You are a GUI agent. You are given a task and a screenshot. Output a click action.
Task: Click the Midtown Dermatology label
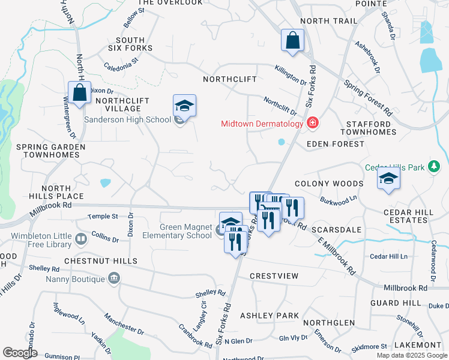tap(262, 124)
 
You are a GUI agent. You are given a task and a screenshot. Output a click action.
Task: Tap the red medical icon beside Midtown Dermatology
tap(312, 124)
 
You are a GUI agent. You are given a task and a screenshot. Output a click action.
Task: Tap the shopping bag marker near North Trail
tap(292, 41)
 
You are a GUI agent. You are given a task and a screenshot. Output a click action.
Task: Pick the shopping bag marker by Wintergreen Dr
tap(79, 93)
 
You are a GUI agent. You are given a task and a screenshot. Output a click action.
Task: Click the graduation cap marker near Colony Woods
tap(389, 178)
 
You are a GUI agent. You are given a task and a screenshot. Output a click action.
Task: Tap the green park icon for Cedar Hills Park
tap(436, 167)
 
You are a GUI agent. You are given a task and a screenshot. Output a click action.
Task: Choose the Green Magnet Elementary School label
tap(185, 231)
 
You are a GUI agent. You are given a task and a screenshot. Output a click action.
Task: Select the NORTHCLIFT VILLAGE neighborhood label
tap(118, 104)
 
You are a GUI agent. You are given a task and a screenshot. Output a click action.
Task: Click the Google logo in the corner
tap(20, 353)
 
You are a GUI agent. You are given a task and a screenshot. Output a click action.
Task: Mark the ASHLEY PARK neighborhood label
tap(270, 315)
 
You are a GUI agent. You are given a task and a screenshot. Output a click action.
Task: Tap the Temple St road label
tap(103, 216)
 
